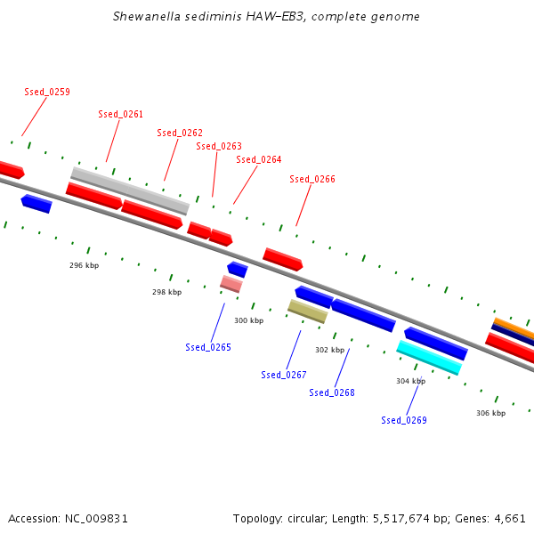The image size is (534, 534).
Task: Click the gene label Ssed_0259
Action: tap(47, 92)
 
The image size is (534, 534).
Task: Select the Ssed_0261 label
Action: tap(120, 114)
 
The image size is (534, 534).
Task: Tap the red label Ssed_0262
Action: tap(180, 133)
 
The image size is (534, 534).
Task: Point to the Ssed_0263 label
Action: tap(219, 146)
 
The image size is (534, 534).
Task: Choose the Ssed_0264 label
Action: tap(259, 159)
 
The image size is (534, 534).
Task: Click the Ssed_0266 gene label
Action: tap(312, 179)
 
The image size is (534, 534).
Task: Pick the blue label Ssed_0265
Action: tap(208, 347)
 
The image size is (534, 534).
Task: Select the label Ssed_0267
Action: tap(284, 375)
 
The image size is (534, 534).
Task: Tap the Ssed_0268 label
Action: tap(332, 392)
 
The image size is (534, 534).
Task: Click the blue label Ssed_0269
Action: tap(404, 420)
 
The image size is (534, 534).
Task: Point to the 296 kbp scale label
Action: tap(84, 265)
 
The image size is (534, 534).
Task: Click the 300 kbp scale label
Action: tap(249, 320)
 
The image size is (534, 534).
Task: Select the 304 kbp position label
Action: tap(410, 381)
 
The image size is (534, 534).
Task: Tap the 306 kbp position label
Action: tap(490, 413)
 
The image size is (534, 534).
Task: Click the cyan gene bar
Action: tap(429, 357)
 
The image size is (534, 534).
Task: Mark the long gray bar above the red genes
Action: tap(130, 190)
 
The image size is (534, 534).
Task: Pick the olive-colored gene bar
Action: tap(307, 311)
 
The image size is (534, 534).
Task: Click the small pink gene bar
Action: tap(231, 284)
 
